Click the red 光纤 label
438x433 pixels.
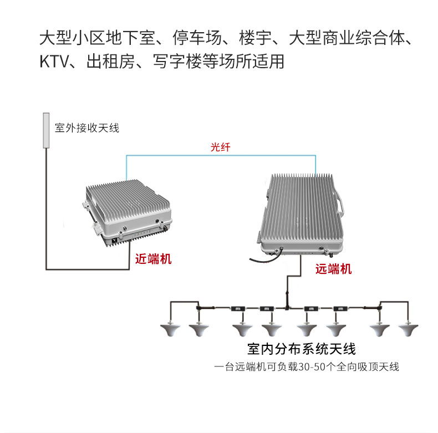point(220,147)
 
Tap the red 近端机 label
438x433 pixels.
point(154,259)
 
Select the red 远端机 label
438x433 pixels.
point(333,269)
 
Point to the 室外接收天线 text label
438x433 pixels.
point(87,128)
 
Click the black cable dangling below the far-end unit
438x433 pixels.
point(263,259)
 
